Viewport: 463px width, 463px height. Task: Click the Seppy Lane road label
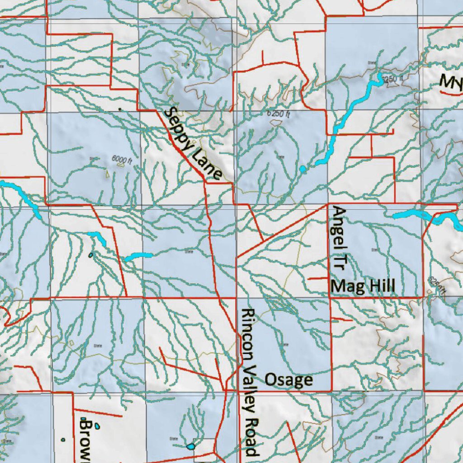coord(193,143)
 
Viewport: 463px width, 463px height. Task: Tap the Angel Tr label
coord(338,238)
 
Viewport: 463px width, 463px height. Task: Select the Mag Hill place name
coord(363,286)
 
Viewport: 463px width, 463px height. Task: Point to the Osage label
coord(288,380)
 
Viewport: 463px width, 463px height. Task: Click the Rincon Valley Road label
coord(249,382)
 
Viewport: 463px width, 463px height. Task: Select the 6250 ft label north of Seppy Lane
coord(278,114)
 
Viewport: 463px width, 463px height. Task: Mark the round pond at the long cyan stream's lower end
coord(302,170)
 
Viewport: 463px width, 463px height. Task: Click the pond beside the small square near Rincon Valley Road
coord(191,447)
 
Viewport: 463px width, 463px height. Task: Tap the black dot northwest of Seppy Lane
coord(119,109)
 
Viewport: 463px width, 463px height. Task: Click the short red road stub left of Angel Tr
coord(317,279)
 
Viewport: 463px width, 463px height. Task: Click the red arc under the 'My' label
coord(449,93)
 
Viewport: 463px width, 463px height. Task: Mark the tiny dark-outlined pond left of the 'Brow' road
coord(63,439)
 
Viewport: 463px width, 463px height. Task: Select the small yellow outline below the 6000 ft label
coord(108,173)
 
